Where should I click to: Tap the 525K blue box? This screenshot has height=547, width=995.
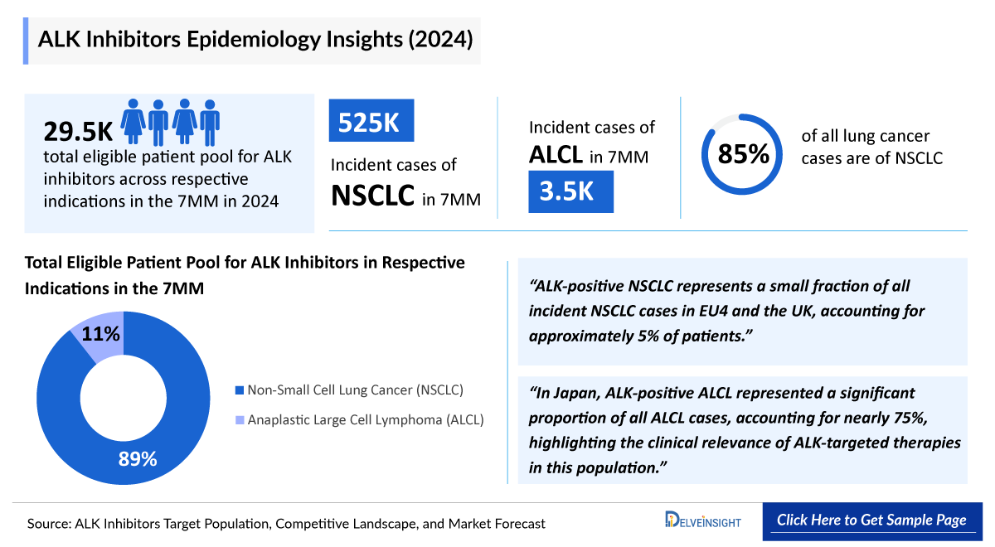click(371, 122)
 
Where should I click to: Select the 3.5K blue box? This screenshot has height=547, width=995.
click(570, 191)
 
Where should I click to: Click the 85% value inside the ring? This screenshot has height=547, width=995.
click(743, 154)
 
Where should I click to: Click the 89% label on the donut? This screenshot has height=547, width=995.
click(138, 458)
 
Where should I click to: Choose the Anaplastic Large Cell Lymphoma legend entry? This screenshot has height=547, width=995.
click(359, 419)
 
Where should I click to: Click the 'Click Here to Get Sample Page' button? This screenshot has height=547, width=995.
click(871, 520)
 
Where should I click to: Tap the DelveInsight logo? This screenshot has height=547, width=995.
click(703, 520)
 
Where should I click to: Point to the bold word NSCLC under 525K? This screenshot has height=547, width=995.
click(373, 196)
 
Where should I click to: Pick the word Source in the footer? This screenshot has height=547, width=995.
click(48, 524)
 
